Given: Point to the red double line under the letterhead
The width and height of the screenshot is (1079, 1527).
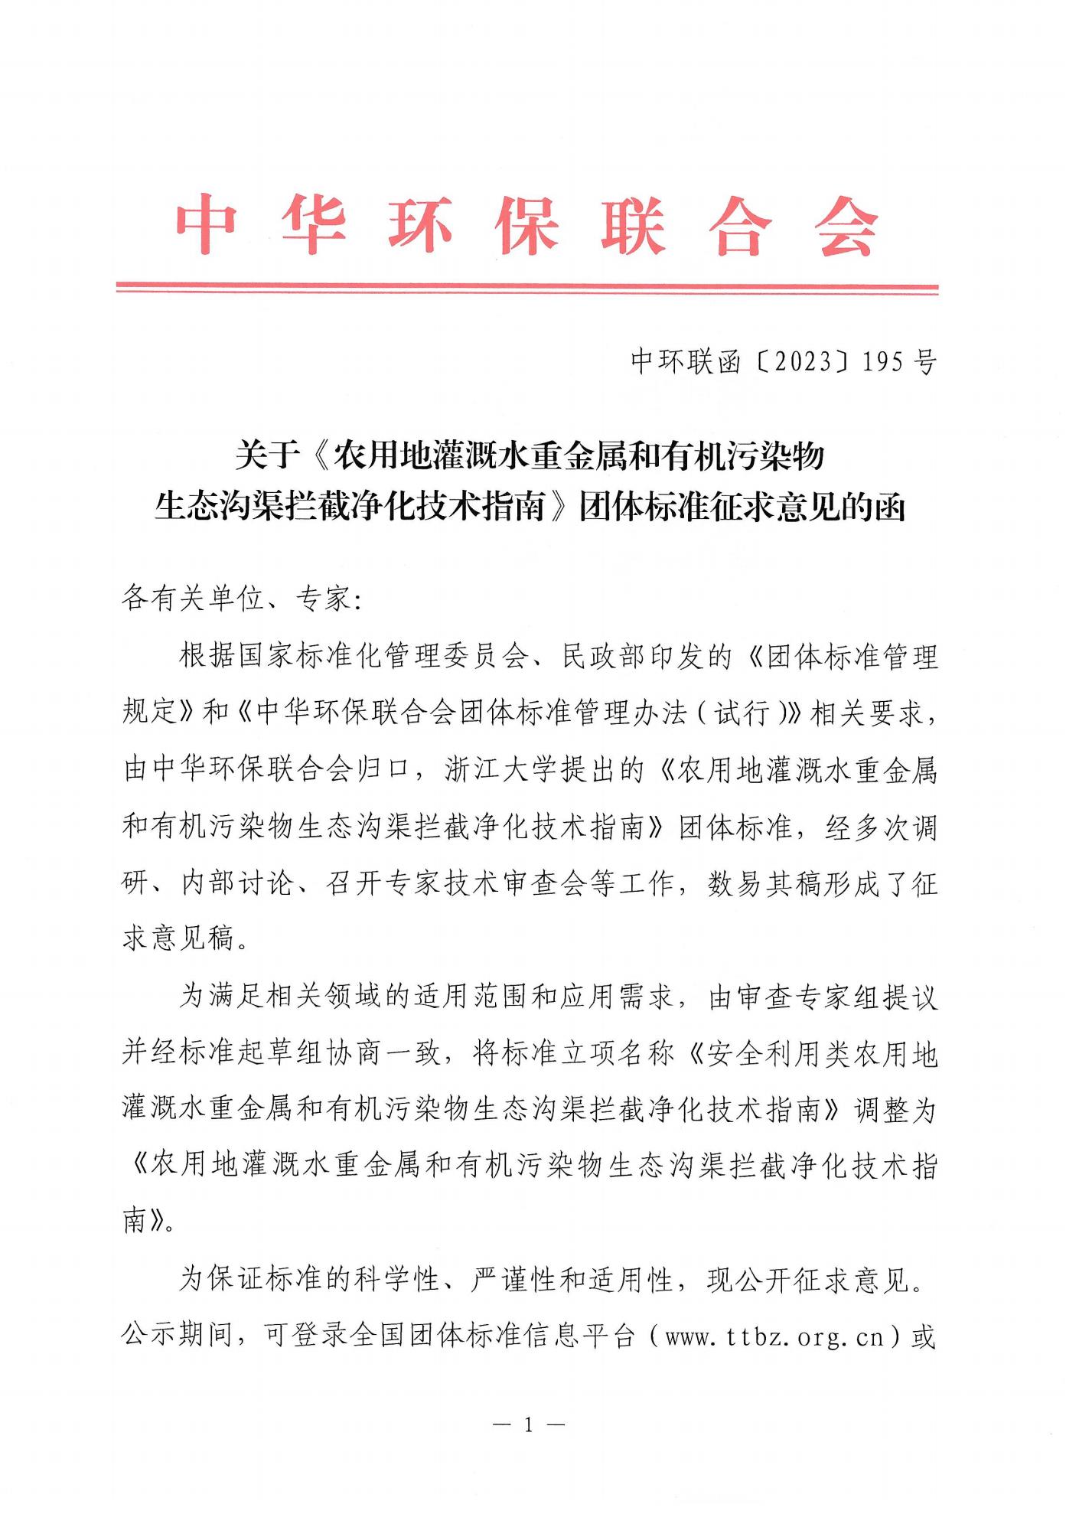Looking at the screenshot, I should tap(526, 289).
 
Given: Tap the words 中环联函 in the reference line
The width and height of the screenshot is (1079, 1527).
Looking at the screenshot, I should tap(686, 361).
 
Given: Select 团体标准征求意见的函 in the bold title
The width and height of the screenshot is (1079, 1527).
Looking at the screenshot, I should tap(742, 507).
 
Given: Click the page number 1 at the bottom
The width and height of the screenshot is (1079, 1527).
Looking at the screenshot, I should tap(527, 1425).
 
